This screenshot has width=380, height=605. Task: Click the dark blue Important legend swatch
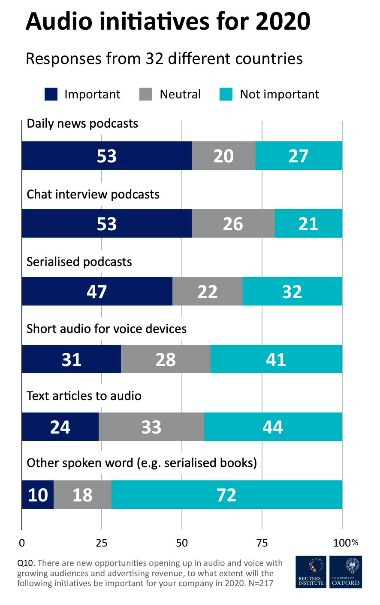(51, 94)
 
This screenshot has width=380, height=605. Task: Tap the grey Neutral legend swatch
(146, 94)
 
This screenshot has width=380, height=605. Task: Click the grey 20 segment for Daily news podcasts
(223, 156)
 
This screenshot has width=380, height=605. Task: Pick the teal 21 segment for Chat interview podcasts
(308, 223)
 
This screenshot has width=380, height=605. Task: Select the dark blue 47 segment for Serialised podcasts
(97, 291)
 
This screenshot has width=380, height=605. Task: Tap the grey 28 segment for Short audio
(166, 359)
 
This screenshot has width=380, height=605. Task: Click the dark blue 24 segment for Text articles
(60, 427)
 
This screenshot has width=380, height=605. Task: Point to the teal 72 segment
(226, 495)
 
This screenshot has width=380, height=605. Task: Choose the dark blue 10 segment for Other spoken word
(38, 495)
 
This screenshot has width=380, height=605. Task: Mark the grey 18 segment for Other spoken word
(82, 495)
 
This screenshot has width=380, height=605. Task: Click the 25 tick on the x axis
(102, 543)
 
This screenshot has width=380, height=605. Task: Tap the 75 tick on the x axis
(262, 543)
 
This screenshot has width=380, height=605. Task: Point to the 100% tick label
(345, 543)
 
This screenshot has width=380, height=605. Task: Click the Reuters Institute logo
(311, 572)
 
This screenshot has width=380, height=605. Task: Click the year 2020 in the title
(283, 21)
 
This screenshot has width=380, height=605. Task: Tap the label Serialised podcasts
(79, 262)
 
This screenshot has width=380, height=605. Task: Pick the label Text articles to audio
(84, 395)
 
